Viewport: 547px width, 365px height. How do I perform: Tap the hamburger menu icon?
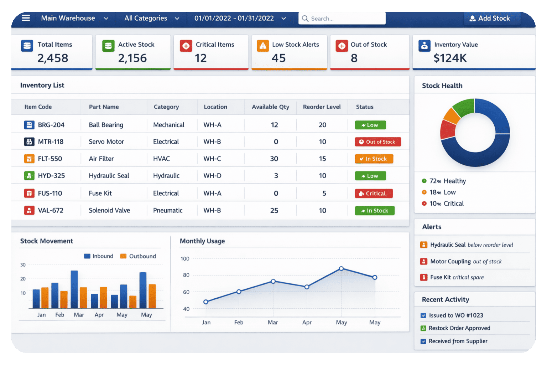[26, 18]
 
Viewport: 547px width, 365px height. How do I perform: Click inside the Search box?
[342, 19]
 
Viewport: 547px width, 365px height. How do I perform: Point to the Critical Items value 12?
[200, 58]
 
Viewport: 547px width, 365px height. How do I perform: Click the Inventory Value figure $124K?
[450, 58]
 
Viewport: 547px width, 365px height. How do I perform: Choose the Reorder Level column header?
[322, 107]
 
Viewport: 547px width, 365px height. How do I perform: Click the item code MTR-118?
[51, 142]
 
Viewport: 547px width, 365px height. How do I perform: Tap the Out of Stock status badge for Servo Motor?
[378, 142]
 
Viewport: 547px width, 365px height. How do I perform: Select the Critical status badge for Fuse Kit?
[374, 194]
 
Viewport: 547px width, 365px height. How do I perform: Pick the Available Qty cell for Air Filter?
[274, 159]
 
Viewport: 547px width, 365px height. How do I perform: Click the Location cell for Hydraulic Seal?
[212, 176]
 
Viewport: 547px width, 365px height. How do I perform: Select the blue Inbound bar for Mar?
[74, 289]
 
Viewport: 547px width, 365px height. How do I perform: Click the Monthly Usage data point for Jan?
[206, 302]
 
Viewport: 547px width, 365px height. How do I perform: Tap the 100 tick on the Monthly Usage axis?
[185, 259]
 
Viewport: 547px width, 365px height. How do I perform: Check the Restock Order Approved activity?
[459, 328]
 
